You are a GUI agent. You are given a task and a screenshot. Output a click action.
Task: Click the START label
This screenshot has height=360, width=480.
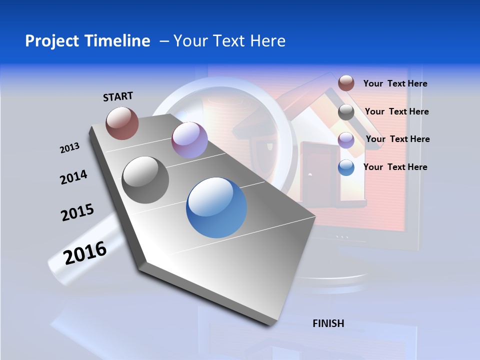pyautogui.click(x=118, y=96)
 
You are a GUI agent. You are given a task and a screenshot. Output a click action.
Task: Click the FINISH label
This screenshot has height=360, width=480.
pyautogui.click(x=328, y=323)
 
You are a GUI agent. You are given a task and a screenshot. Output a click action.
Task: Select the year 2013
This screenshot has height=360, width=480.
pyautogui.click(x=69, y=148)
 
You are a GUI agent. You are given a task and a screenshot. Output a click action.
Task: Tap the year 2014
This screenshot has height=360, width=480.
pyautogui.click(x=73, y=177)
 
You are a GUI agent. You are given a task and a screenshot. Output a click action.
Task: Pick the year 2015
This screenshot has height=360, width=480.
pyautogui.click(x=77, y=212)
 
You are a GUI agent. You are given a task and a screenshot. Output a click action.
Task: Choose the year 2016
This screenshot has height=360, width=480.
pyautogui.click(x=85, y=252)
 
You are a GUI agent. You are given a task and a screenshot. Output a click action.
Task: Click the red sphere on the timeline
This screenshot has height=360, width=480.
pyautogui.click(x=122, y=123)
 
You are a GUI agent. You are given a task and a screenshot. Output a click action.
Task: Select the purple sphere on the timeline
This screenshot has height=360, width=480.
pyautogui.click(x=189, y=140)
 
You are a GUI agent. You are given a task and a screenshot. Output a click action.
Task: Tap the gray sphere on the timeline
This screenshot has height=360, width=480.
pyautogui.click(x=145, y=179)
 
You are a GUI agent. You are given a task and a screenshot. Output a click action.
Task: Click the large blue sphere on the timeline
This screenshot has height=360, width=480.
pyautogui.click(x=216, y=207)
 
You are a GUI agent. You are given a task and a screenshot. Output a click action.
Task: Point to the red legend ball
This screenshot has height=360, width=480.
pyautogui.click(x=346, y=83)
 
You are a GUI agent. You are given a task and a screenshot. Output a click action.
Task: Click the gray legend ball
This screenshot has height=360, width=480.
pyautogui.click(x=346, y=112)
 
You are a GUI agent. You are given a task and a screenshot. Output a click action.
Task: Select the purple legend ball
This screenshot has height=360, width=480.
pyautogui.click(x=346, y=140)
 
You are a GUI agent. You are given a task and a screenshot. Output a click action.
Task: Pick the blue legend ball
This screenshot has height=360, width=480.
pyautogui.click(x=346, y=167)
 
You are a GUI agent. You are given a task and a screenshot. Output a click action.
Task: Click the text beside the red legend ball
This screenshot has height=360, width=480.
pyautogui.click(x=395, y=83)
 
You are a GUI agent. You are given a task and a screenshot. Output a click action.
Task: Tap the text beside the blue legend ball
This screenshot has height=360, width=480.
pyautogui.click(x=395, y=167)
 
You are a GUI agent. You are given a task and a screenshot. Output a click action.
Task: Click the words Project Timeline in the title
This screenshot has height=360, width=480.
pyautogui.click(x=87, y=41)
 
